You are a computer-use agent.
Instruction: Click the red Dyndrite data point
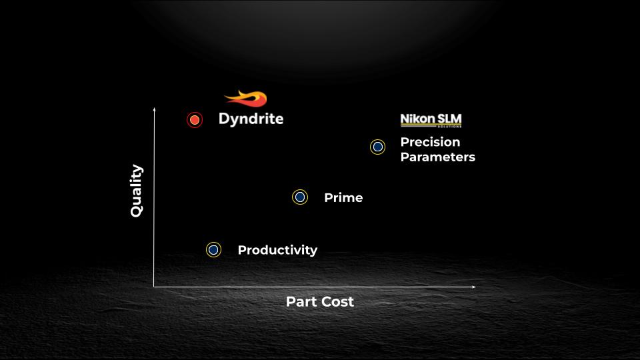[x=195, y=120]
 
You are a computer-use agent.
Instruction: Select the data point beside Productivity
[x=213, y=250]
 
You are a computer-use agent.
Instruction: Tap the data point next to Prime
[x=300, y=197]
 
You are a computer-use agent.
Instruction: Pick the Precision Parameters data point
[x=377, y=147]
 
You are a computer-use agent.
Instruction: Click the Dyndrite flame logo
[x=246, y=99]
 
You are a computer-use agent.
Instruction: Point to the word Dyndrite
[x=251, y=119]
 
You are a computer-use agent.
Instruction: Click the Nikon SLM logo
[x=431, y=121]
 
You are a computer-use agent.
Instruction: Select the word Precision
[x=430, y=142]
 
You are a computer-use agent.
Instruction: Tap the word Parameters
[x=438, y=157]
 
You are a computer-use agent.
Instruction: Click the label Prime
[x=344, y=197]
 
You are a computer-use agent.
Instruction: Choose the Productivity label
[x=277, y=250]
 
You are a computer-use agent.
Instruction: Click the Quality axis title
[x=136, y=191]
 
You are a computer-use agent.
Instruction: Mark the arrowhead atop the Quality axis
[x=154, y=109]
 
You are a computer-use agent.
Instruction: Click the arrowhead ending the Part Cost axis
[x=474, y=287]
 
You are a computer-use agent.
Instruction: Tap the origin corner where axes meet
[x=154, y=287]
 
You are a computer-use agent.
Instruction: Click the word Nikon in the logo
[x=417, y=119]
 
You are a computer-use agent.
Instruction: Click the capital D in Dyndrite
[x=224, y=119]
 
